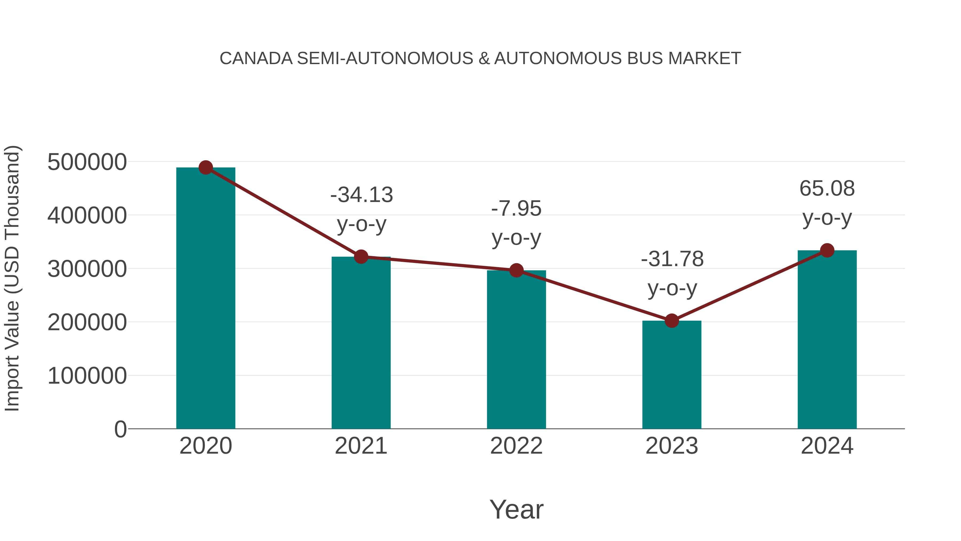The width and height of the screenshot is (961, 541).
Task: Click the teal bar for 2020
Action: pyautogui.click(x=206, y=299)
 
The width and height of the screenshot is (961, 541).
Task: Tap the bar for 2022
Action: pyautogui.click(x=516, y=349)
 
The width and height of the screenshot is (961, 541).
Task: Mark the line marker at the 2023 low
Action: pyautogui.click(x=672, y=321)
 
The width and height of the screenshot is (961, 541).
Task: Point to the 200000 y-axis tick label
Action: pyautogui.click(x=87, y=322)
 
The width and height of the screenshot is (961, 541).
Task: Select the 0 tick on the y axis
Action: pyautogui.click(x=120, y=429)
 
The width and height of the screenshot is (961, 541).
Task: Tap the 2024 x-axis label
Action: pyautogui.click(x=827, y=446)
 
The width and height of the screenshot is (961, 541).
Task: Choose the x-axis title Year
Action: pyautogui.click(x=516, y=509)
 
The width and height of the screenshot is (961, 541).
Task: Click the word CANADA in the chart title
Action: pyautogui.click(x=256, y=59)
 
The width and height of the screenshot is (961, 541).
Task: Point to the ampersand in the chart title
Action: pyautogui.click(x=484, y=59)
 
